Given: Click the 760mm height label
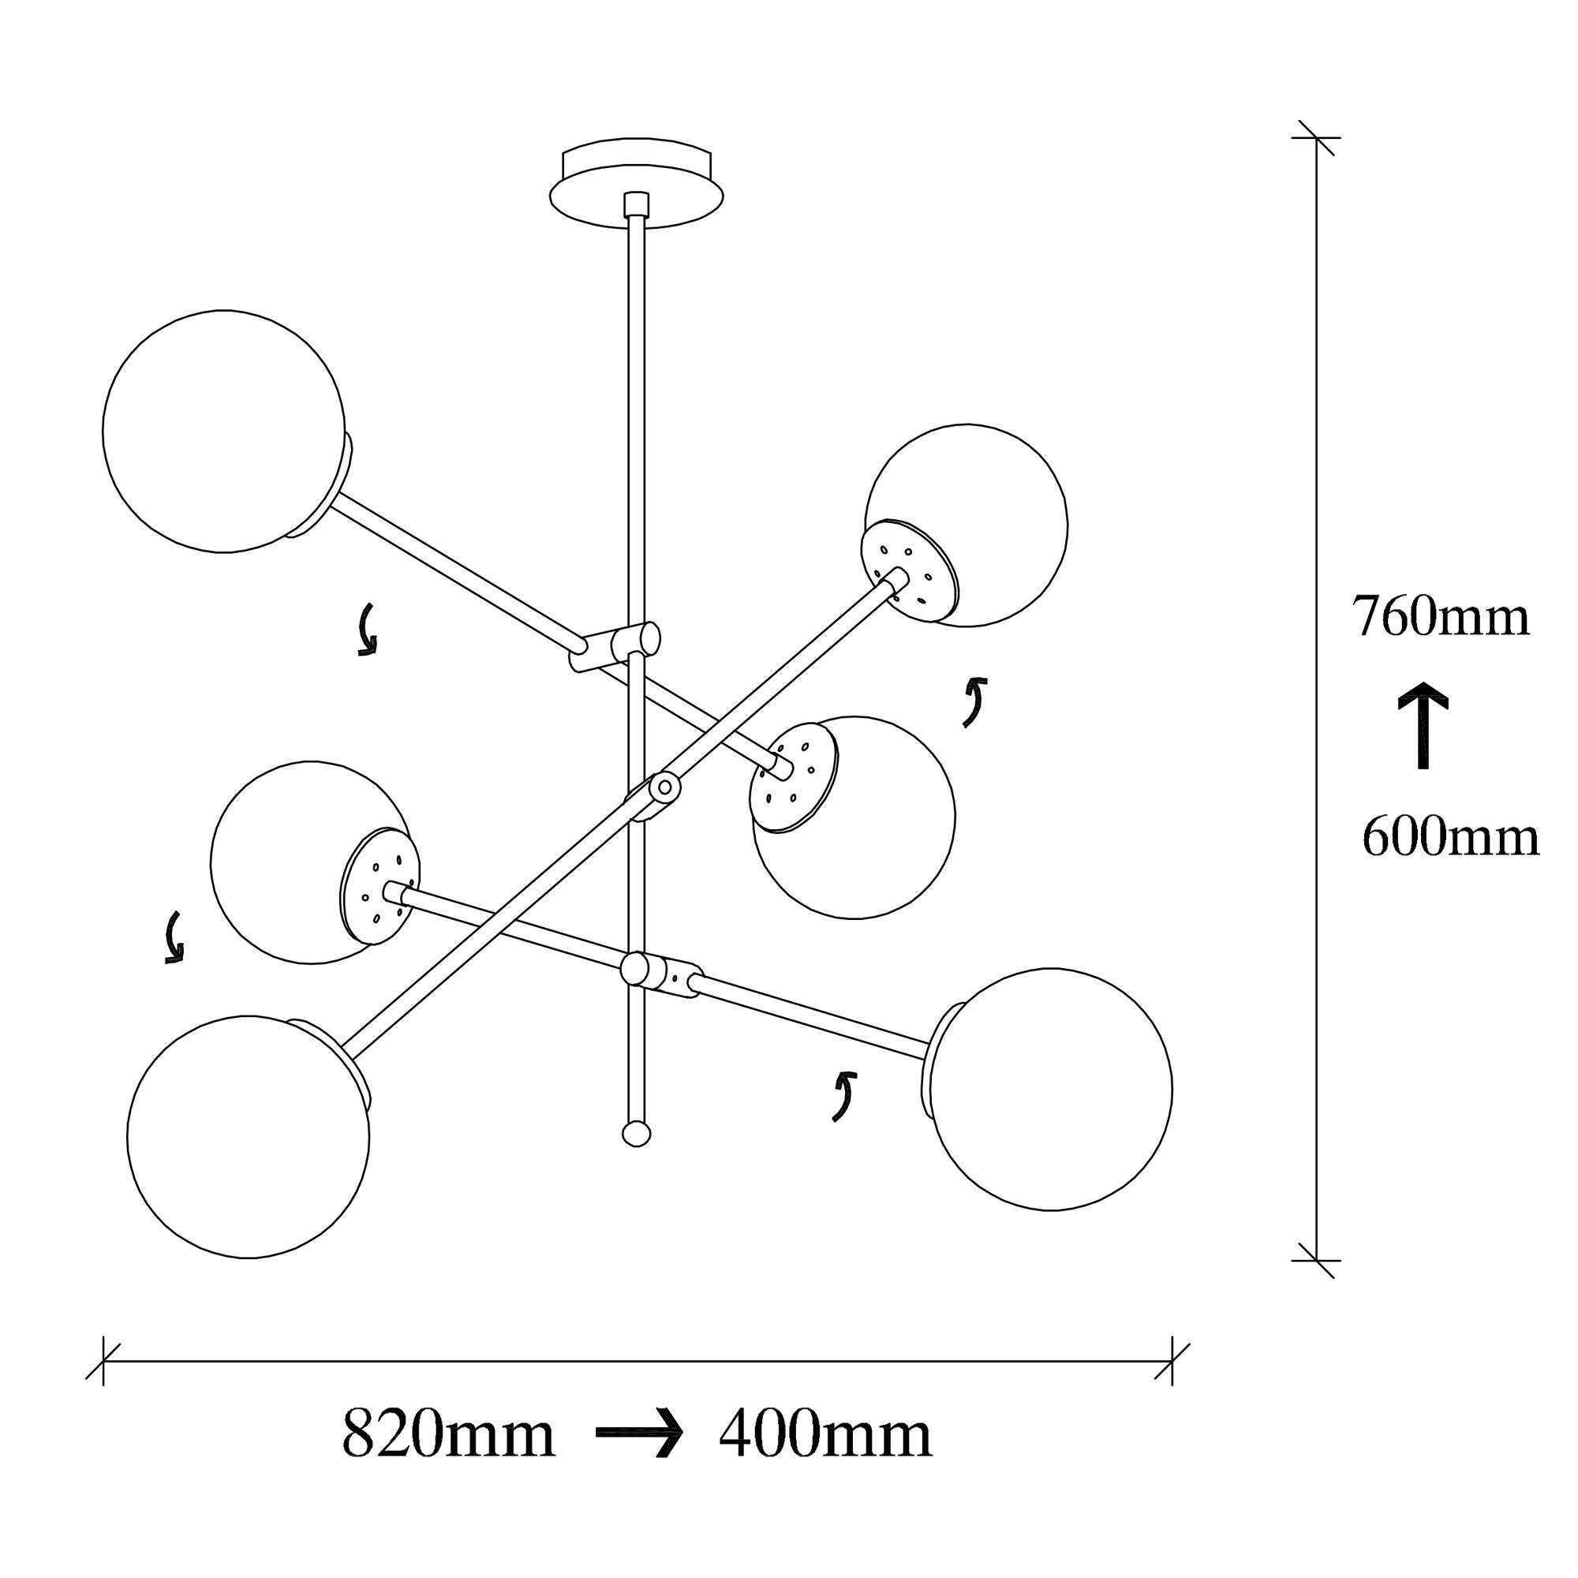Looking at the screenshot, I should pos(1439,618).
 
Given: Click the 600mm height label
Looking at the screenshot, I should pos(1449,838).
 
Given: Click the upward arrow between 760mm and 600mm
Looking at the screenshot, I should pos(1423,725).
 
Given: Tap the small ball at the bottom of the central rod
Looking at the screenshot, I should pos(636,1134).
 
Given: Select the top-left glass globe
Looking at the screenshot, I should pos(224,432).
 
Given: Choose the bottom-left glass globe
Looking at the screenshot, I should pos(249,1137).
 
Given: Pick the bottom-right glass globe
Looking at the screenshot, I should pos(1051,1090).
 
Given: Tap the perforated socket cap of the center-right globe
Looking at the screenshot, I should pos(792,776).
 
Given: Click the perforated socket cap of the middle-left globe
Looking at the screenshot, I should pos(379,886).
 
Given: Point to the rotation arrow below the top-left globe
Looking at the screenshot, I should pos(368,630).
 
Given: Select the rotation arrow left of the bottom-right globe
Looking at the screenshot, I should pos(843,1097).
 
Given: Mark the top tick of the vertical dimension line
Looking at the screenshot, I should pos(1315,138).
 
